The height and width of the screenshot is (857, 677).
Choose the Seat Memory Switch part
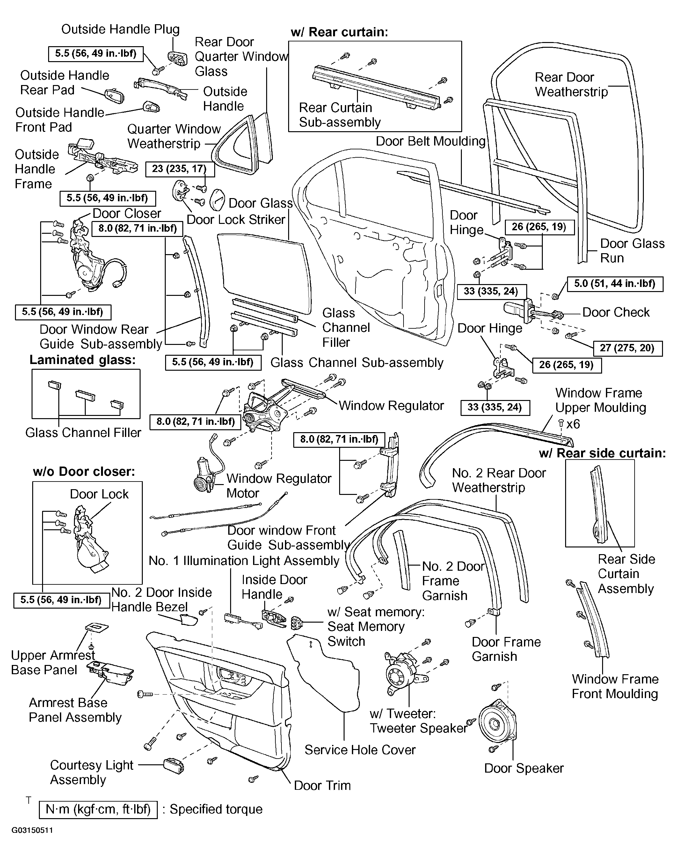coord(297,623)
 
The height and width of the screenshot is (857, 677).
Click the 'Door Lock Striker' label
coord(236,219)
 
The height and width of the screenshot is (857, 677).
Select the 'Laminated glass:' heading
coord(83,360)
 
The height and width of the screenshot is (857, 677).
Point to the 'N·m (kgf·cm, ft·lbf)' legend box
coord(98,810)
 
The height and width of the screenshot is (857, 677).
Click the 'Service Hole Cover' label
coord(360,750)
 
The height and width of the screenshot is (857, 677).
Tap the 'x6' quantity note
coord(573,424)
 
